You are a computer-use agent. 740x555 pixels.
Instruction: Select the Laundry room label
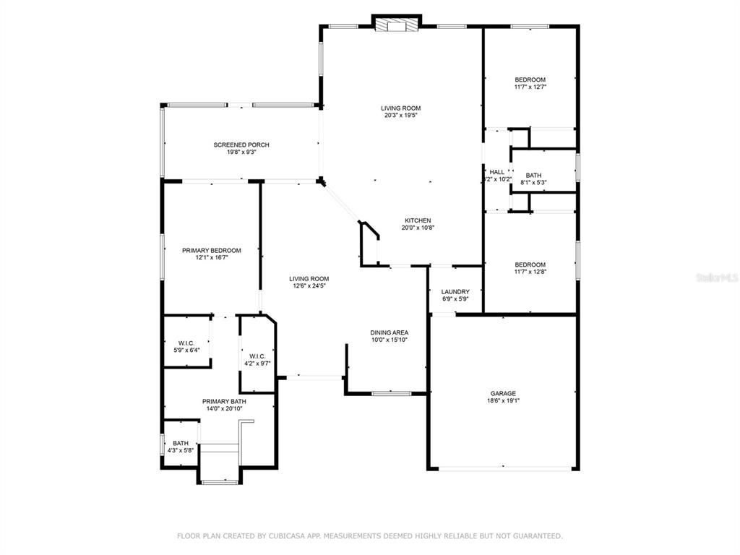click(x=455, y=292)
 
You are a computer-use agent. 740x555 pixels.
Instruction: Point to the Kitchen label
click(x=418, y=220)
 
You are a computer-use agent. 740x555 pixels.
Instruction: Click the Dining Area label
click(x=390, y=332)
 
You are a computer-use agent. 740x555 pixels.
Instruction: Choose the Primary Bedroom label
click(x=211, y=250)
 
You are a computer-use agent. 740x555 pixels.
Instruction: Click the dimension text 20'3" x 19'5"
click(x=401, y=115)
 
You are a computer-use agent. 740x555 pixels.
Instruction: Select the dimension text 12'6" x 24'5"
click(x=309, y=285)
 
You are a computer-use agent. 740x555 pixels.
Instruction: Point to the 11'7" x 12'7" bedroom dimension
click(x=530, y=87)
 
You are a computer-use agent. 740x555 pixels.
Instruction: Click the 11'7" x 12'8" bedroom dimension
click(x=530, y=272)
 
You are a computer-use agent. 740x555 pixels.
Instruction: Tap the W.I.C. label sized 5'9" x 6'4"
click(x=186, y=343)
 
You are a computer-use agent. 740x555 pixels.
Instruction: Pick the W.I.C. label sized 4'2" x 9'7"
click(x=258, y=356)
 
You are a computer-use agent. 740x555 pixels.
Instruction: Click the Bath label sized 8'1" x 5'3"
click(x=533, y=176)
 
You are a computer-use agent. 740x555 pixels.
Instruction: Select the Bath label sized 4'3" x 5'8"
click(x=180, y=443)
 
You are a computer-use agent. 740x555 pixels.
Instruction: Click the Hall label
click(x=497, y=172)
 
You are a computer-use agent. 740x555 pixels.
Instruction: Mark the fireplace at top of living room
click(x=396, y=26)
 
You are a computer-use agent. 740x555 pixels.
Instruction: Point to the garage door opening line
click(x=504, y=469)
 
